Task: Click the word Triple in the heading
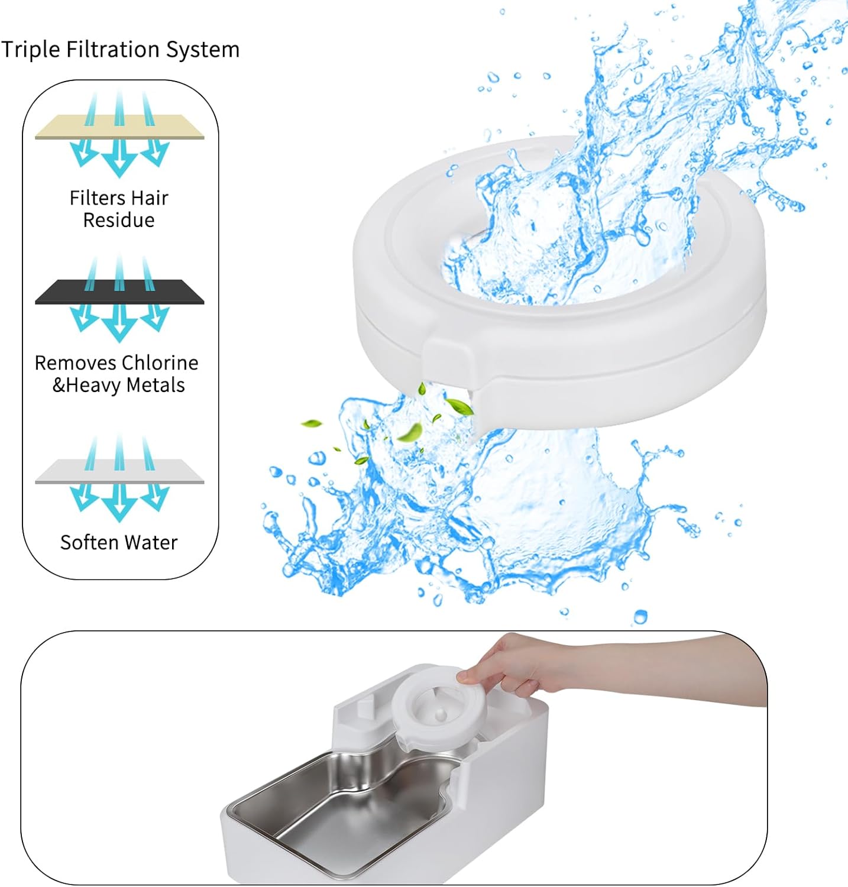point(30,50)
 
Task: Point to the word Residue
point(119,220)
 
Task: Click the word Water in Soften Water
point(152,542)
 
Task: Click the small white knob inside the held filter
point(441,716)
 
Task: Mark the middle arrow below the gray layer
point(119,504)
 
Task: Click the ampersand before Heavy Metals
point(59,385)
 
